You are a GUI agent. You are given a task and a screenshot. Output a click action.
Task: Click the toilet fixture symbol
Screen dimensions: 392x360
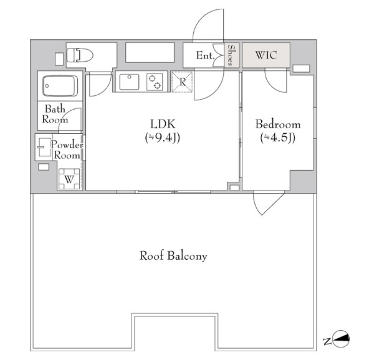[x=80, y=55]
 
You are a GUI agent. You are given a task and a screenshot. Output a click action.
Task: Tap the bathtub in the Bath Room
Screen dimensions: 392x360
[x=60, y=86]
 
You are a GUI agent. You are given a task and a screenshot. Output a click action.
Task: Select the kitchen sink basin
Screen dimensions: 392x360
[x=129, y=82]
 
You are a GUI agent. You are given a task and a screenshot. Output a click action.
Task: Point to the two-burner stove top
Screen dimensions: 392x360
[x=155, y=82]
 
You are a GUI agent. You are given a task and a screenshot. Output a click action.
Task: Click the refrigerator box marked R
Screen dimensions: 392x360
[x=182, y=82]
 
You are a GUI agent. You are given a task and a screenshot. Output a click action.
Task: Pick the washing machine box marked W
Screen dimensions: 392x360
[x=69, y=179]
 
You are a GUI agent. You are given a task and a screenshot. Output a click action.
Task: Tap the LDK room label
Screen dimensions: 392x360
[x=163, y=124]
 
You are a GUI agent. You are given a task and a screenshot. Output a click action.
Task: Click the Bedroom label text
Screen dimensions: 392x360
[x=278, y=124]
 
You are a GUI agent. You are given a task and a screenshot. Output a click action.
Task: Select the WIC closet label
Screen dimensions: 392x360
[x=266, y=55]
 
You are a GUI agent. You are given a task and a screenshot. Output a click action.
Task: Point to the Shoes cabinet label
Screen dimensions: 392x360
[x=230, y=55]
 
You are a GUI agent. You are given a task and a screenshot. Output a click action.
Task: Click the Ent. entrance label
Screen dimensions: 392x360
[x=205, y=55]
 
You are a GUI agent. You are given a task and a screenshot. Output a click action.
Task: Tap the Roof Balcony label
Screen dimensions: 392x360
[x=173, y=256]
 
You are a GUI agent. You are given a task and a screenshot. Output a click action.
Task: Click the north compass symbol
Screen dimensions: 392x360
[x=341, y=339]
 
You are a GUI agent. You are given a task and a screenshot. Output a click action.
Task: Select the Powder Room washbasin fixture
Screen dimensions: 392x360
[x=44, y=148]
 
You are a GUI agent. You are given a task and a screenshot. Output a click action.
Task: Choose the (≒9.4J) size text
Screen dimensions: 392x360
[x=163, y=138]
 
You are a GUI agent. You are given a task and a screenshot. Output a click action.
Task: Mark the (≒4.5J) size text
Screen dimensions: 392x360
[x=278, y=138]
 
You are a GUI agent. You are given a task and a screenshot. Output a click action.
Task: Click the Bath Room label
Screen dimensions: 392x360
[x=55, y=114]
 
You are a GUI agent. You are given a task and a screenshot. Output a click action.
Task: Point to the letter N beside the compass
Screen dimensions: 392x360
[x=327, y=341]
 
